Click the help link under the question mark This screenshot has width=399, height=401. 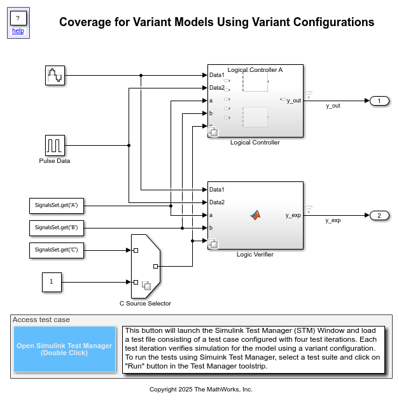(x=18, y=31)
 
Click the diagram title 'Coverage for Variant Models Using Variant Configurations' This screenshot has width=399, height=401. (x=216, y=22)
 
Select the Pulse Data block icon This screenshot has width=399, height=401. (x=55, y=145)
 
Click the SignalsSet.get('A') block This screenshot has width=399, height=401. (x=57, y=206)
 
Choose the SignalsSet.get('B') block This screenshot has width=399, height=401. (x=57, y=227)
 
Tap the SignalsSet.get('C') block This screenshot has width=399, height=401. (x=57, y=250)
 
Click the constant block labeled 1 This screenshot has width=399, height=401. (x=52, y=281)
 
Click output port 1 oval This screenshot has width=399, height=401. (x=379, y=101)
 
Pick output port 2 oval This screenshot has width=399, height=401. (x=379, y=215)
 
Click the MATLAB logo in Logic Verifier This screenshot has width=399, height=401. (x=255, y=215)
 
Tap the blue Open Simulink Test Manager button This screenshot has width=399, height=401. (x=64, y=349)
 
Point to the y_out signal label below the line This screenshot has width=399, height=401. (x=333, y=106)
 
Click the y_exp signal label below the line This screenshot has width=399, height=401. (x=333, y=220)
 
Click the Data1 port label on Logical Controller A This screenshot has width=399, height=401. (x=217, y=75)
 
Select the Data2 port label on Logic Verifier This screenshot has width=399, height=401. (x=217, y=202)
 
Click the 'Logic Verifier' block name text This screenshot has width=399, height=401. (x=255, y=254)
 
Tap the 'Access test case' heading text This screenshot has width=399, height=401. (x=41, y=320)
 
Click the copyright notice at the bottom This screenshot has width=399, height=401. (x=200, y=389)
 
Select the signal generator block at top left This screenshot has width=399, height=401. (x=55, y=75)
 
